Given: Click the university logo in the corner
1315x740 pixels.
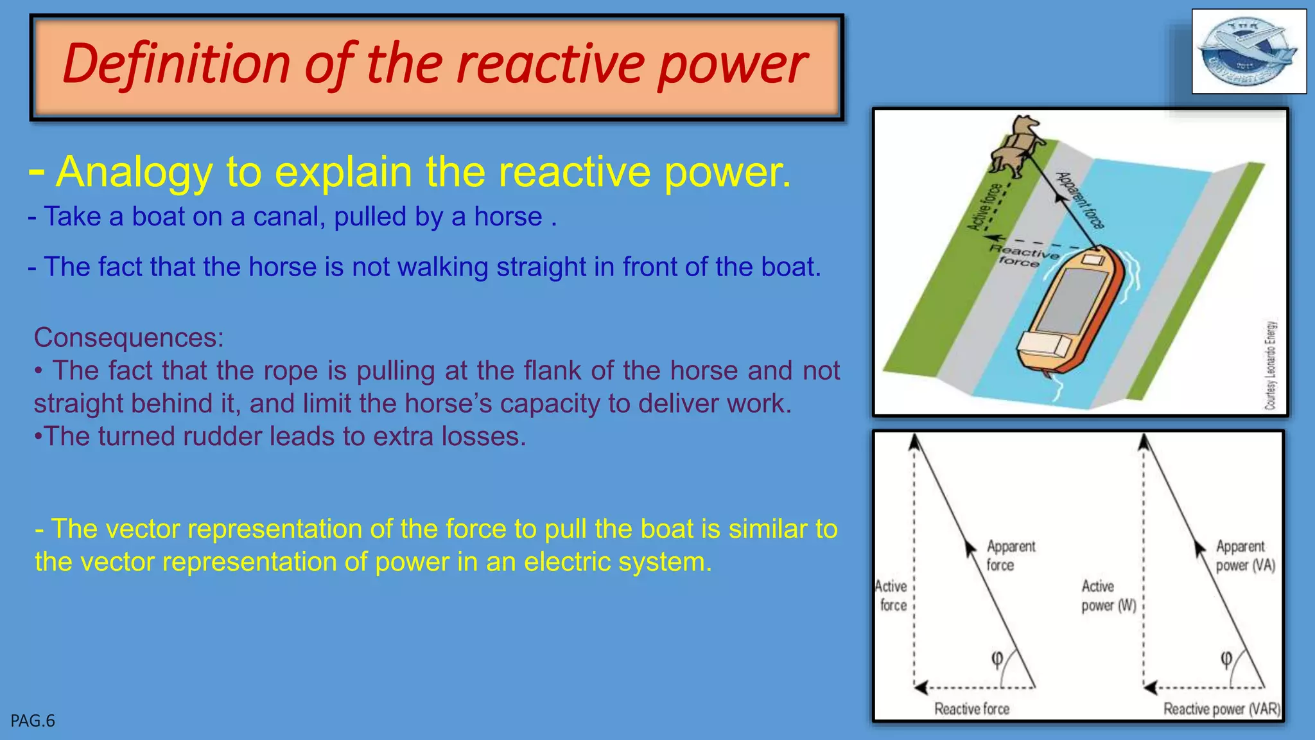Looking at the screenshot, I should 1248,52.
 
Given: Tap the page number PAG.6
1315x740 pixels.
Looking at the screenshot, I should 33,721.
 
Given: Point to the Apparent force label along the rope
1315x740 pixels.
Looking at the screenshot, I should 1081,200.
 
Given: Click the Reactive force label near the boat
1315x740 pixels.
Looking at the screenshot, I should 1022,255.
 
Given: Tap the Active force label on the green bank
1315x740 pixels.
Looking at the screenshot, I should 984,207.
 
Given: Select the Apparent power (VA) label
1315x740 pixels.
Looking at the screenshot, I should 1244,556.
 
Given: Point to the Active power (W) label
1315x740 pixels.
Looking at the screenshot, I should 1108,595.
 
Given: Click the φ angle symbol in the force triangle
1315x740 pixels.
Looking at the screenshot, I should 997,658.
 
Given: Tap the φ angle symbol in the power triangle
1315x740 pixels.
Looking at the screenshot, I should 1226,658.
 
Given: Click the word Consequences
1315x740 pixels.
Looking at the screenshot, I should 128,337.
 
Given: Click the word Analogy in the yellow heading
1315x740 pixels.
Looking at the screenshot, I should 134,172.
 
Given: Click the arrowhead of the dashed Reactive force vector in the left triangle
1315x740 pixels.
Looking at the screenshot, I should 921,687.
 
